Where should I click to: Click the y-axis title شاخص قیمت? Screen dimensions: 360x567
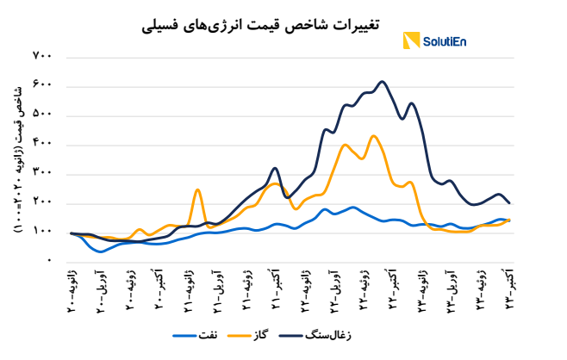[x=20, y=159]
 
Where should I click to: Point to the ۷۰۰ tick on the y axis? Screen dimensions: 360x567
[x=43, y=57]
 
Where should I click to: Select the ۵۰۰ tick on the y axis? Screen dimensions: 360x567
[x=43, y=115]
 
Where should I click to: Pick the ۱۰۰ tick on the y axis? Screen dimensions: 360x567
[x=43, y=232]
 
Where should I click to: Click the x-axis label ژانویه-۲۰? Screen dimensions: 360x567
[x=72, y=289]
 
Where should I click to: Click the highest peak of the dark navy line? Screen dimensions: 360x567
[x=383, y=82]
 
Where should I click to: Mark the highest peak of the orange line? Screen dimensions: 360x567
[x=373, y=135]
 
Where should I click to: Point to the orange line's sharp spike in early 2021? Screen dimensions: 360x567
[x=197, y=189]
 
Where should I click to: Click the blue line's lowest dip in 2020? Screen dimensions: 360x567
[x=101, y=251]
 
